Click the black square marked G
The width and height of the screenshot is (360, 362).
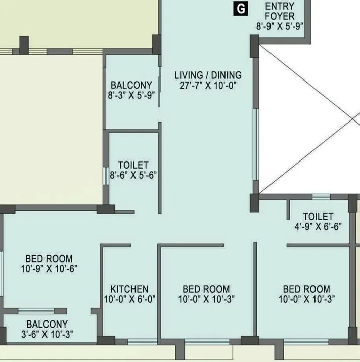pyautogui.click(x=242, y=8)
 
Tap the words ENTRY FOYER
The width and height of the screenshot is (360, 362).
pyautogui.click(x=280, y=11)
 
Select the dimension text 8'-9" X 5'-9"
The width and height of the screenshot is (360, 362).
pyautogui.click(x=280, y=27)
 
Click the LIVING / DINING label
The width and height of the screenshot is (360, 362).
pyautogui.click(x=208, y=75)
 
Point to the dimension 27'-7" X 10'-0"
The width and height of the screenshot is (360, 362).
pyautogui.click(x=208, y=86)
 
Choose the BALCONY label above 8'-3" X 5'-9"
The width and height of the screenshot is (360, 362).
pyautogui.click(x=131, y=85)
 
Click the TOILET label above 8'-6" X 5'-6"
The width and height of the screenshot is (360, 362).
pyautogui.click(x=133, y=165)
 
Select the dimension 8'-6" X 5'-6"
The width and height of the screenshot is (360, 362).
pyautogui.click(x=133, y=175)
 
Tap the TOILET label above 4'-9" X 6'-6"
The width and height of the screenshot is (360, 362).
pyautogui.click(x=318, y=217)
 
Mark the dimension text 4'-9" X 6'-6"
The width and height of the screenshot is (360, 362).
pyautogui.click(x=318, y=227)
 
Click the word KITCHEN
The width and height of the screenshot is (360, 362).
pyautogui.click(x=129, y=289)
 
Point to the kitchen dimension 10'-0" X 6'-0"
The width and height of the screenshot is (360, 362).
pyautogui.click(x=129, y=299)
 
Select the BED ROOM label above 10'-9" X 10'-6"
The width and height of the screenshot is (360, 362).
pyautogui.click(x=49, y=259)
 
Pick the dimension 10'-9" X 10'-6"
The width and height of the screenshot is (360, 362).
pyautogui.click(x=49, y=269)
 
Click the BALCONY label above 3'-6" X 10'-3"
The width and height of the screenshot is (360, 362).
pyautogui.click(x=47, y=324)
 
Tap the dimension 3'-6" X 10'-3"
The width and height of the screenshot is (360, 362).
pyautogui.click(x=47, y=334)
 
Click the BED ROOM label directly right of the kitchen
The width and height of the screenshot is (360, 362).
pyautogui.click(x=206, y=289)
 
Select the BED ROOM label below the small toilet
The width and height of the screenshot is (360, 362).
pyautogui.click(x=306, y=289)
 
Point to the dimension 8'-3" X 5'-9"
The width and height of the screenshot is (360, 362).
pyautogui.click(x=131, y=95)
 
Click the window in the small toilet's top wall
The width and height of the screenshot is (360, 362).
pyautogui.click(x=321, y=197)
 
